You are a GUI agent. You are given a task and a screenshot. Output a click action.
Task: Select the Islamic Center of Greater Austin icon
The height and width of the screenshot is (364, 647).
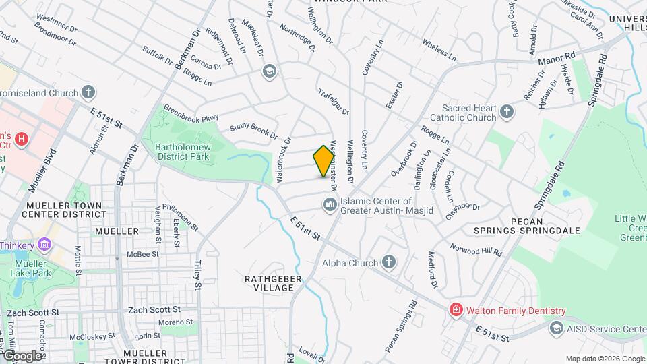[x=330, y=204]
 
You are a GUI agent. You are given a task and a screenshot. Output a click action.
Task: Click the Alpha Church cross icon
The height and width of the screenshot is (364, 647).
[x=388, y=262]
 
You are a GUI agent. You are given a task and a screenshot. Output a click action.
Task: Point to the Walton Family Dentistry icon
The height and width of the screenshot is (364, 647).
[x=456, y=310]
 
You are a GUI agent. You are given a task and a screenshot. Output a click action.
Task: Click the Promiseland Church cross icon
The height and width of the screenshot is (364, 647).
[x=88, y=92]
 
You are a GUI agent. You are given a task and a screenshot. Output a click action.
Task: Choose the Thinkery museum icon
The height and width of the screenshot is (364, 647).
[x=44, y=244]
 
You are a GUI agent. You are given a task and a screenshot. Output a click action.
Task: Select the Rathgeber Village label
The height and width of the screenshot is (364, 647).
[x=270, y=282]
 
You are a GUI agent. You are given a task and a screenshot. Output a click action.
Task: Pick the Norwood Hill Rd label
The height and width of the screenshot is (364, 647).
[x=476, y=251]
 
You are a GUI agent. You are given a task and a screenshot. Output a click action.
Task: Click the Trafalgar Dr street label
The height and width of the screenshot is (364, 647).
[x=334, y=102]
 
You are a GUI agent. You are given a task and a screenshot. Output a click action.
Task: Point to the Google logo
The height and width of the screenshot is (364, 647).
[x=22, y=355]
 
